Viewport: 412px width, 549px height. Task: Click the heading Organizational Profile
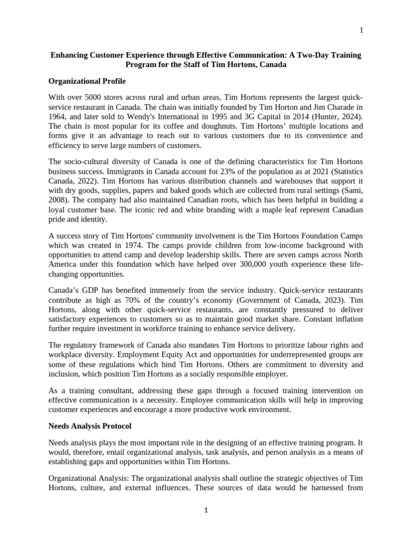(87, 81)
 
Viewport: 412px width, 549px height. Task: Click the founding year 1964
(57, 116)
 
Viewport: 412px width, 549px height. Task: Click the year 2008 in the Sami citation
(57, 190)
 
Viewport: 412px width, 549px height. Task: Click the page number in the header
(361, 30)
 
